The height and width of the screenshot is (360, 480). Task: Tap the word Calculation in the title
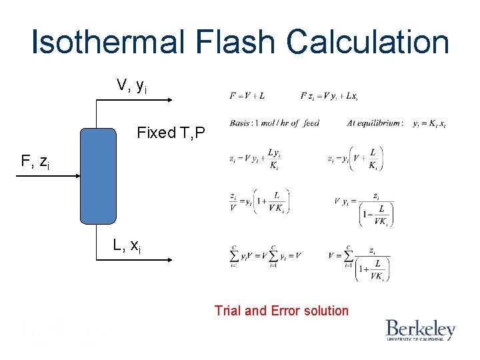(368, 43)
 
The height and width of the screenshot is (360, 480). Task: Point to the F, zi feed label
(35, 161)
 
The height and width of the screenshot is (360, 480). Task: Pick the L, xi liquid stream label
(127, 246)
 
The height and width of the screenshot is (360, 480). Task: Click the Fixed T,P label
(173, 133)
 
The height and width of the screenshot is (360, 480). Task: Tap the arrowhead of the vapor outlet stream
(170, 100)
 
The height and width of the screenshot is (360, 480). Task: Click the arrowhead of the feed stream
(77, 175)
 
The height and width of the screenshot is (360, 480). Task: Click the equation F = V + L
(247, 96)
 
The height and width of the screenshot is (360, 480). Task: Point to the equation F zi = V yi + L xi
(329, 96)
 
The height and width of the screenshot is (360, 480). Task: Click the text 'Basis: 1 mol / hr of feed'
(273, 123)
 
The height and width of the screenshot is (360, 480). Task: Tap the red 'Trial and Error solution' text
(281, 311)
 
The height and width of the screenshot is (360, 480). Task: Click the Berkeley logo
(420, 330)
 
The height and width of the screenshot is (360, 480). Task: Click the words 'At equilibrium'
(374, 123)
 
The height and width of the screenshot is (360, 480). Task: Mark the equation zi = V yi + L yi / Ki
(254, 159)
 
